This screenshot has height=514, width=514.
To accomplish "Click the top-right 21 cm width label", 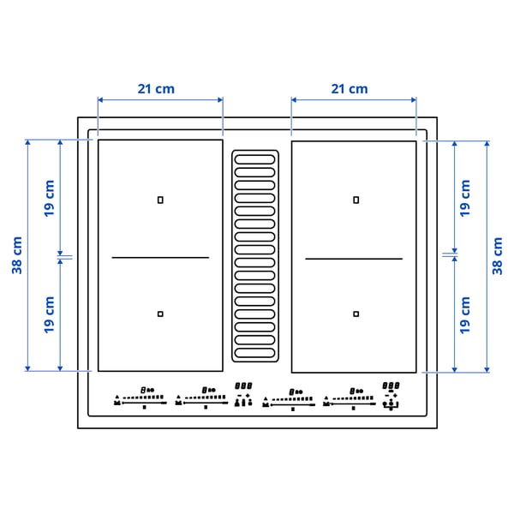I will point(349,88).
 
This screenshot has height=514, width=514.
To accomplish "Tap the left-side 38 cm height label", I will point(17,254).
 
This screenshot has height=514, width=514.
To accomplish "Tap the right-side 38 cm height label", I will point(498,254).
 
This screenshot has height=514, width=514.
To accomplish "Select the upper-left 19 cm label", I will point(49,197).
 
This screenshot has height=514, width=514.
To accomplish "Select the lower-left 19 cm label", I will point(49,314).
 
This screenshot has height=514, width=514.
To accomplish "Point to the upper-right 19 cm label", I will point(465,197).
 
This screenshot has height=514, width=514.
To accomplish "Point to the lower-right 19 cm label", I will point(465,314).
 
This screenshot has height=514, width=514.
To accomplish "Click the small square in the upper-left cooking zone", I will point(160,200).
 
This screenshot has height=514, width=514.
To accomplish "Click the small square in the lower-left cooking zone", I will point(160,314).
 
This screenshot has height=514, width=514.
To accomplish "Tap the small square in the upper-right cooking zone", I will point(356,200).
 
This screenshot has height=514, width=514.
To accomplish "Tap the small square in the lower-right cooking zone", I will point(356,314).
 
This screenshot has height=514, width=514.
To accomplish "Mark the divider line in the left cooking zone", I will point(160,257).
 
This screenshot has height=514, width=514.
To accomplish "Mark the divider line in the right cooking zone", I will point(354,258).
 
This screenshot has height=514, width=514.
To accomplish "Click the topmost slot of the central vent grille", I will point(255,158).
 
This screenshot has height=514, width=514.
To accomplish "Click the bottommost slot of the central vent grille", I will point(255,351).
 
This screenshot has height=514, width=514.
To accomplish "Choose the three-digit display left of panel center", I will point(243,386).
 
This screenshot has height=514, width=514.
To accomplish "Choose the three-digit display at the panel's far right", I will point(391,386).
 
